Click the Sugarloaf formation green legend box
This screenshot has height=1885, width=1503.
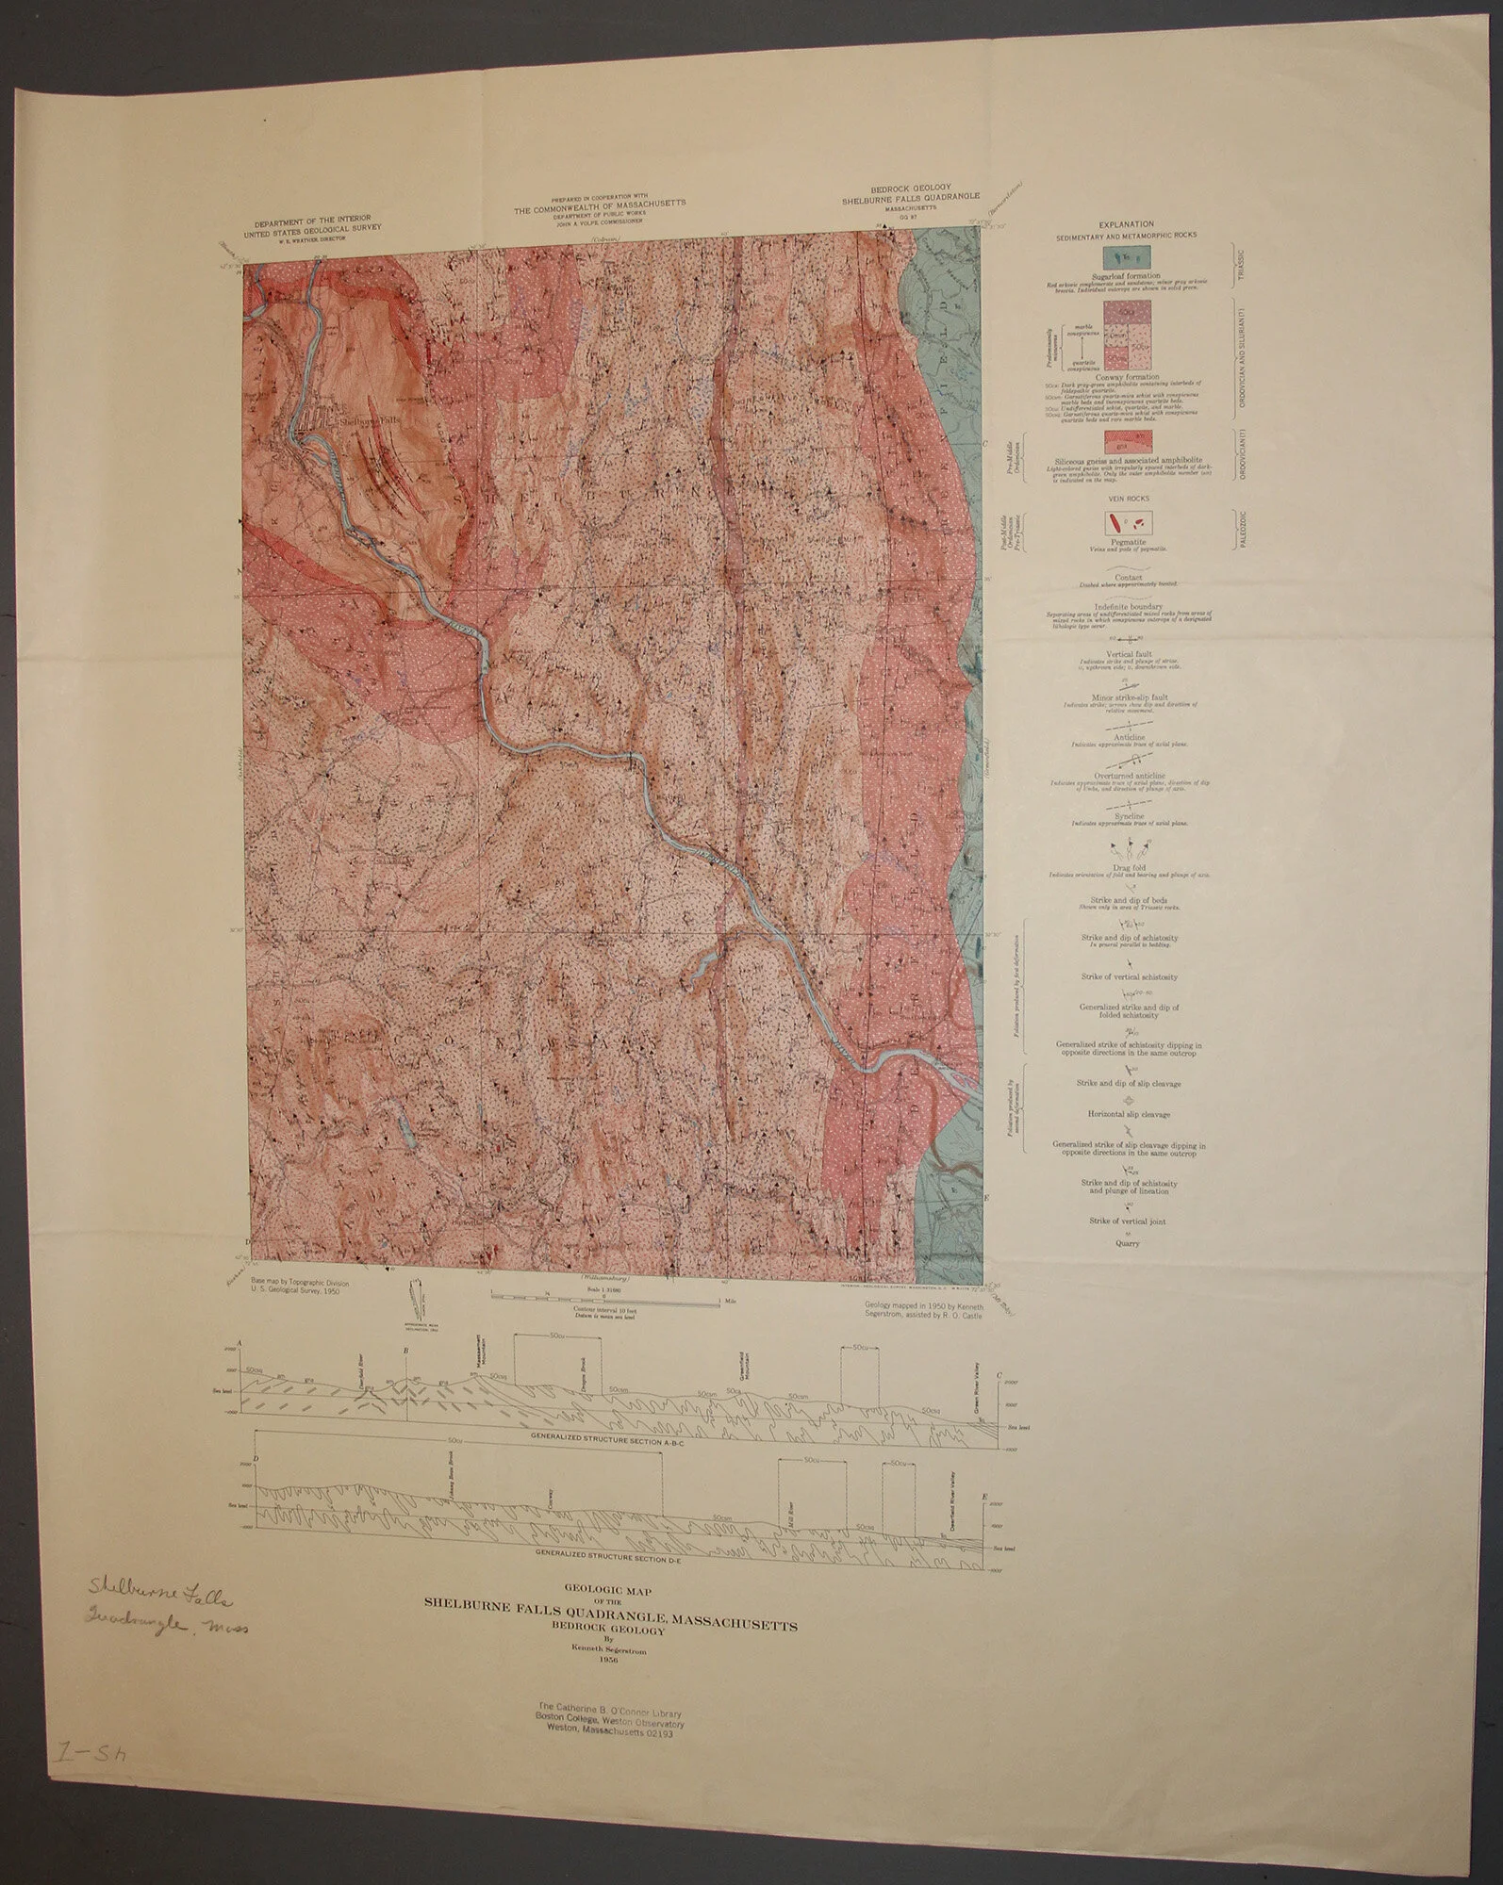[x=1129, y=258]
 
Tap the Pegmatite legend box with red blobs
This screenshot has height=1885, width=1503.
[x=1129, y=523]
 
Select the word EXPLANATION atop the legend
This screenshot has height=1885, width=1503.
[x=1129, y=221]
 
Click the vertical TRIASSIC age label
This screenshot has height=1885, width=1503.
[x=1243, y=260]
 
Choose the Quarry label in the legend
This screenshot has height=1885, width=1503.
[x=1128, y=1243]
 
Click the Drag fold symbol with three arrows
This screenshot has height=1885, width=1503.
[x=1128, y=844]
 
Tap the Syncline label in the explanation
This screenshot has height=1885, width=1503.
[x=1128, y=816]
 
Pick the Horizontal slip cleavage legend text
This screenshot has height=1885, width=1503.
[x=1129, y=1114]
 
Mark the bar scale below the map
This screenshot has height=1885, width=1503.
[x=603, y=1299]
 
